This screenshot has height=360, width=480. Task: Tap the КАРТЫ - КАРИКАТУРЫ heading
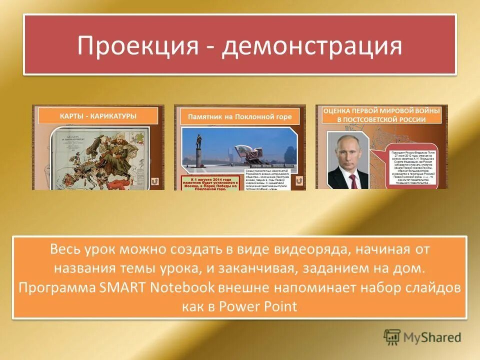[x=98, y=116]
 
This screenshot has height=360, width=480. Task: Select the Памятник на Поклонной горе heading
[x=239, y=117]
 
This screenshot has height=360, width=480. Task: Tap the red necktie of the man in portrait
[x=353, y=179]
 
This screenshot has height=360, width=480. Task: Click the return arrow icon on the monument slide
[x=298, y=181]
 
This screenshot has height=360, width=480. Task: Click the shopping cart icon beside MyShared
[x=392, y=336]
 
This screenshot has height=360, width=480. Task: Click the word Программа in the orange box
[x=55, y=287]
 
